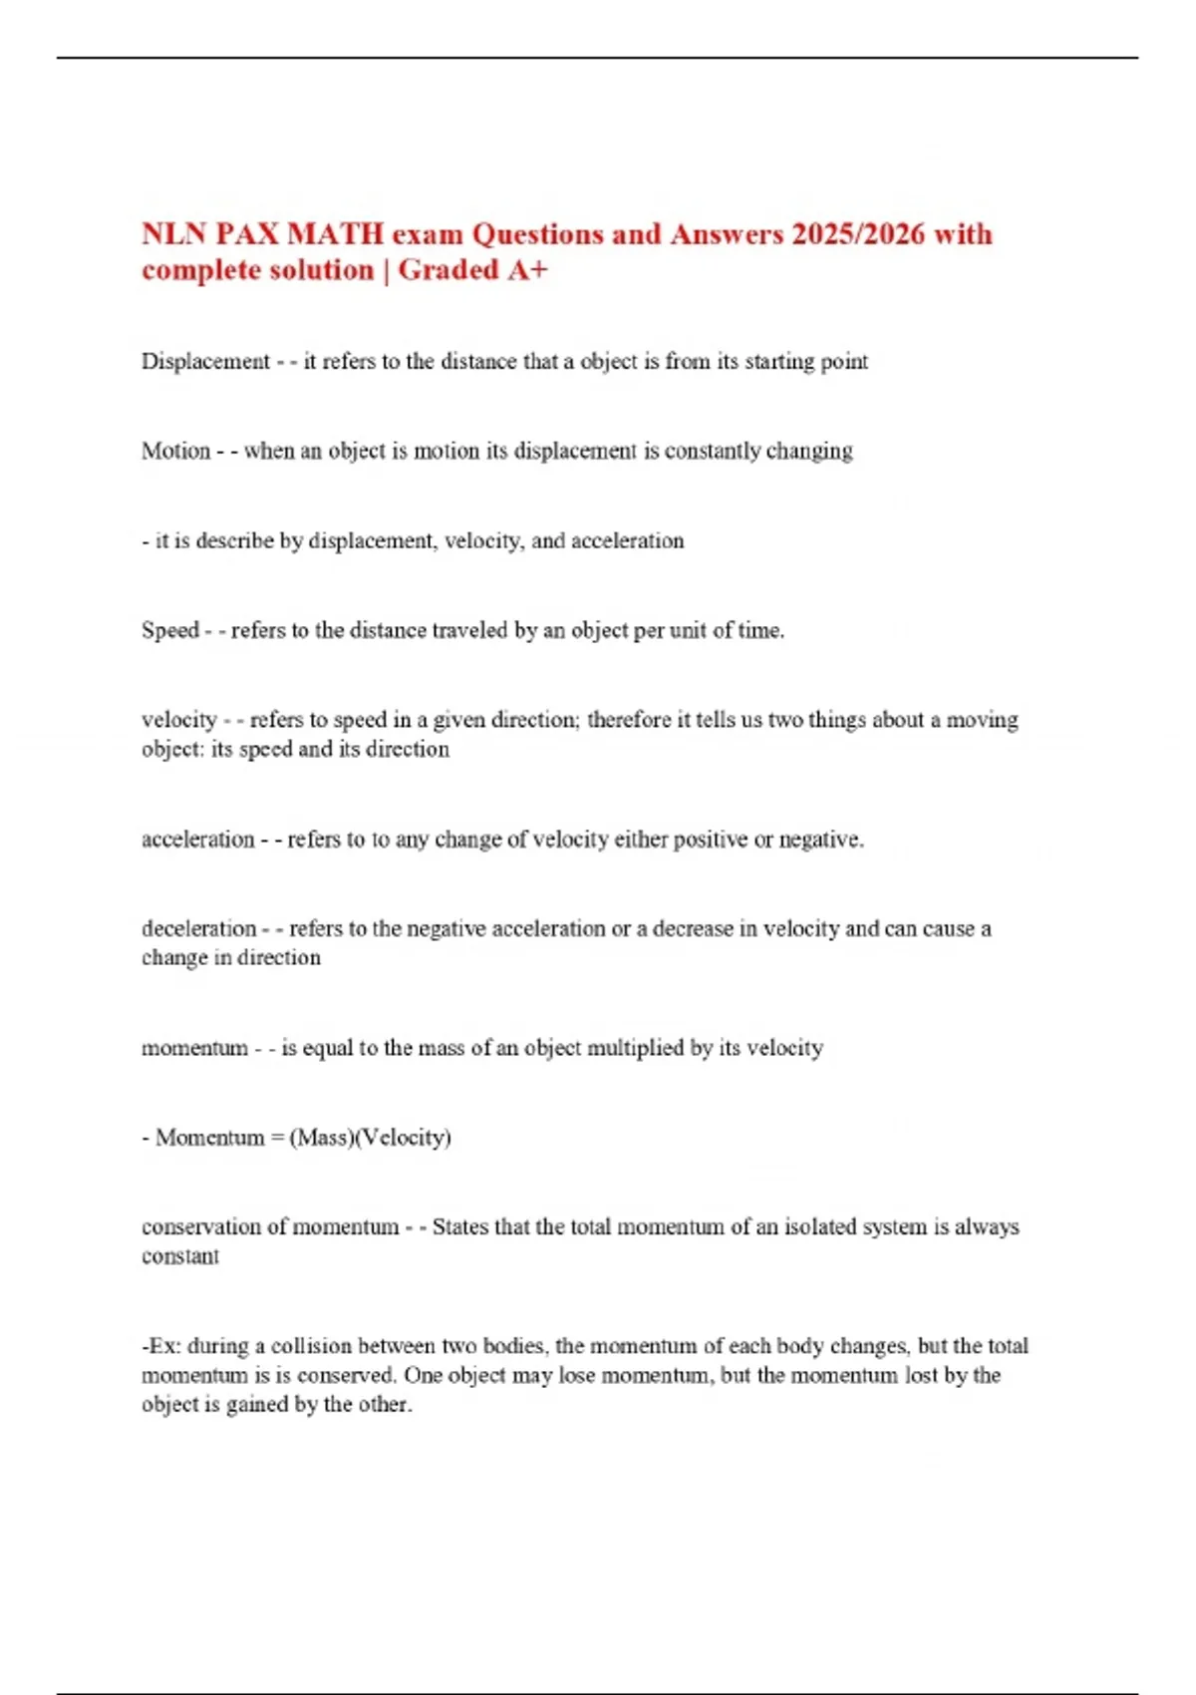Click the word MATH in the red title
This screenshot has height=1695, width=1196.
click(x=335, y=234)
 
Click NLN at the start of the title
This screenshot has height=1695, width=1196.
click(x=174, y=234)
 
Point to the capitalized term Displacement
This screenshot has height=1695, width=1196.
click(x=205, y=361)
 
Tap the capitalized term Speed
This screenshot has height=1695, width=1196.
click(x=170, y=630)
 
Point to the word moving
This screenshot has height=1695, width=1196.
click(x=982, y=720)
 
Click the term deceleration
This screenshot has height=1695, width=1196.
click(x=198, y=928)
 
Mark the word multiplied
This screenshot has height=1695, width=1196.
click(x=636, y=1048)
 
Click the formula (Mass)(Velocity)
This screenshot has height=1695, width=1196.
click(x=370, y=1138)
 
